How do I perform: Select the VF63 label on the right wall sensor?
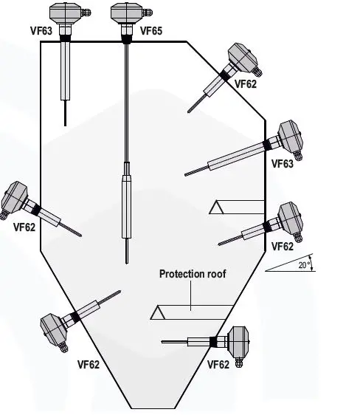coord(282,164)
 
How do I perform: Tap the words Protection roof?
coord(193,274)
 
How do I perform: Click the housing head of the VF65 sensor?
coord(125,13)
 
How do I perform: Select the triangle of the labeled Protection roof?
coord(158,313)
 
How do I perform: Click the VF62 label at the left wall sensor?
coord(24,227)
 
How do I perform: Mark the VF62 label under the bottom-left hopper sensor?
coord(89,364)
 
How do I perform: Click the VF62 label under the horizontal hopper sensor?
coord(218,364)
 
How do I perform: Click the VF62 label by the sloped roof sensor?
coord(246,85)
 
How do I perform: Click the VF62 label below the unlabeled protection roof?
coord(282,247)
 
